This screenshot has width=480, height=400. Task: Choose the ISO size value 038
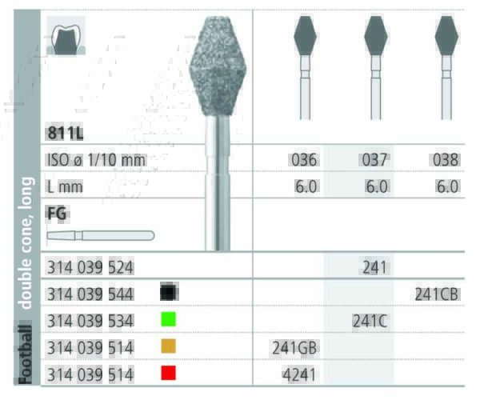[445, 159]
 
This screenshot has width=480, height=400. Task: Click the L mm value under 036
[306, 186]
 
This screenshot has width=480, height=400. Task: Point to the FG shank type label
[58, 214]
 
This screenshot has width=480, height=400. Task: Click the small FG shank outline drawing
[100, 236]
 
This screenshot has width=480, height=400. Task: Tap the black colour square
[168, 293]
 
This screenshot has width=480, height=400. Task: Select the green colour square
[168, 320]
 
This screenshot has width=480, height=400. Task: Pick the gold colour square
[168, 347]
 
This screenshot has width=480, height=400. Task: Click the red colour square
[168, 373]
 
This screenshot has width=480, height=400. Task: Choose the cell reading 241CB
[437, 293]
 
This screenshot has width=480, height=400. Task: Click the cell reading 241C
[370, 320]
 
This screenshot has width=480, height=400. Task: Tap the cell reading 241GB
[295, 347]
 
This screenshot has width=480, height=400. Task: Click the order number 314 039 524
[90, 266]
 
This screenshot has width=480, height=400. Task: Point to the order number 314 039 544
[90, 293]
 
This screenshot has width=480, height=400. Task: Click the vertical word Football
[26, 352]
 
